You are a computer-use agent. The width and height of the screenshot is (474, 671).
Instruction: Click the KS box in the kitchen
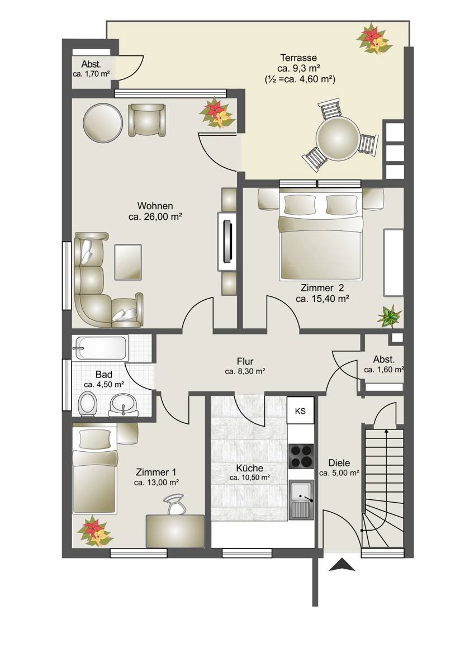coord(300,411)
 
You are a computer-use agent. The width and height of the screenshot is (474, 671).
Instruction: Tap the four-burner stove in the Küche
coord(301,456)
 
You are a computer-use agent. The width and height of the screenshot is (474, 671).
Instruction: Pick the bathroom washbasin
coord(124,405)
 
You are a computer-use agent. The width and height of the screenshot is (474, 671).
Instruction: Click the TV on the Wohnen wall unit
coord(228,242)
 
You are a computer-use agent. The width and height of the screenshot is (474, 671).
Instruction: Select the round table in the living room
coord(103,123)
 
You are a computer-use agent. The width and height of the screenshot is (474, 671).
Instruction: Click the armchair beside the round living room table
coord(147,120)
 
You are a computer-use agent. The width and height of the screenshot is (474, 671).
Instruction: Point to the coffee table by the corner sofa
coord(128,262)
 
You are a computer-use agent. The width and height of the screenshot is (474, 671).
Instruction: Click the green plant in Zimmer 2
coord(390,316)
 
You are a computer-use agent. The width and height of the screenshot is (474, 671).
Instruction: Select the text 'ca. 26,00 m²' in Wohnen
coord(155,217)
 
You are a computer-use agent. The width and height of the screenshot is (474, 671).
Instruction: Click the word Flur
coord(245,361)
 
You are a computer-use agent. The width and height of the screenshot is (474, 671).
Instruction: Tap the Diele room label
coord(339,463)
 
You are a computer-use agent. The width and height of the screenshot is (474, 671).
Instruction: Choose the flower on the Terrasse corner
coord(374,39)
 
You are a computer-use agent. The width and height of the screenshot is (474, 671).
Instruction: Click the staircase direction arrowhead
coord(387,432)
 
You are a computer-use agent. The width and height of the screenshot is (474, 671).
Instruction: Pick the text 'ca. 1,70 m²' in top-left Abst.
coord(91,74)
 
